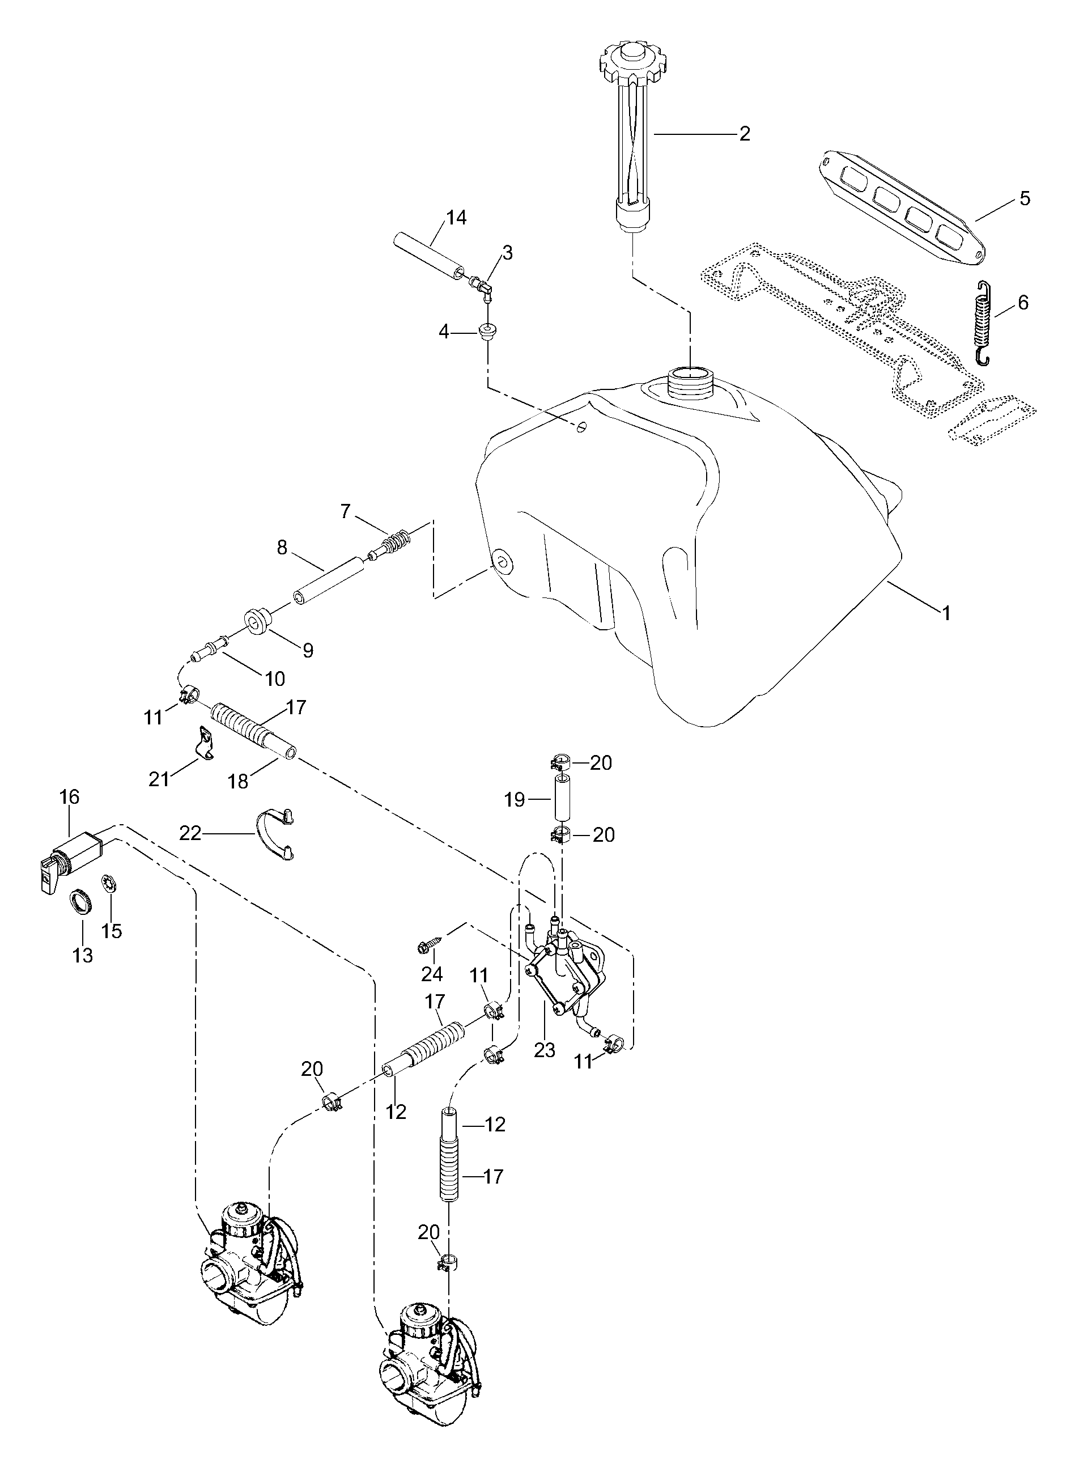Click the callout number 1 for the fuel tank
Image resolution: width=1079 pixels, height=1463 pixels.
click(x=945, y=613)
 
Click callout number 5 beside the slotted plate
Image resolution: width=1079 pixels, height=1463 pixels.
click(x=1024, y=198)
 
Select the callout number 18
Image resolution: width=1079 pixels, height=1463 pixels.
click(x=239, y=781)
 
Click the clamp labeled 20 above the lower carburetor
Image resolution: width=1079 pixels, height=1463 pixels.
click(x=447, y=1263)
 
